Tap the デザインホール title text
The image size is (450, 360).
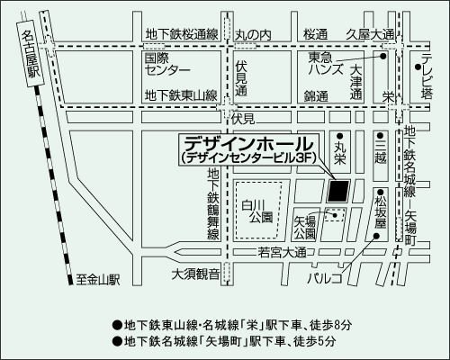tap(248, 142)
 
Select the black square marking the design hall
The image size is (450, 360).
tap(339, 191)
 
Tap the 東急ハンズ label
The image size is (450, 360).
tap(322, 63)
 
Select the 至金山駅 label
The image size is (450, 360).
tap(98, 280)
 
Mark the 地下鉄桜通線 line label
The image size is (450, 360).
tap(182, 34)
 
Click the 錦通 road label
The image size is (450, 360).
tap(316, 94)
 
